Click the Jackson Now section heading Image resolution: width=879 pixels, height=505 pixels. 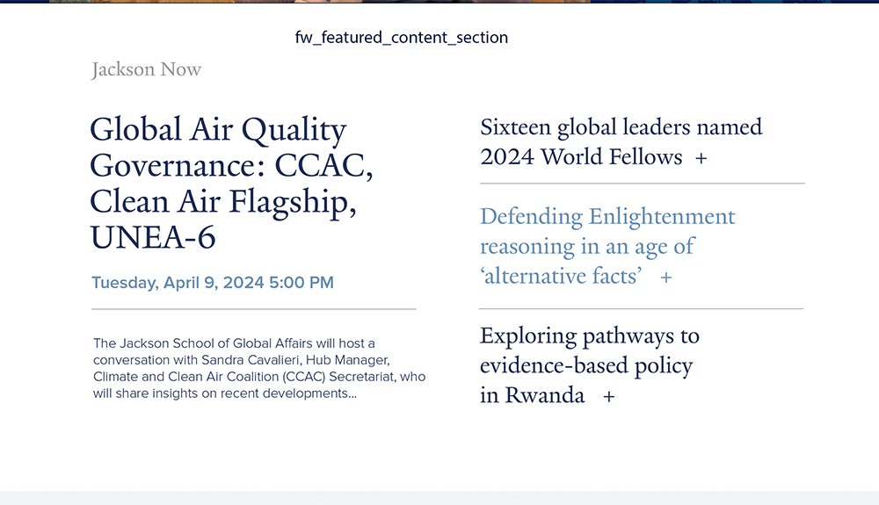tap(146, 69)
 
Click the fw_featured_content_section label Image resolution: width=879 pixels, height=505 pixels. tap(402, 38)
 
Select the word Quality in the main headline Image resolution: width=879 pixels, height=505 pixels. tap(294, 131)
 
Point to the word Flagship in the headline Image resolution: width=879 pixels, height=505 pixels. tap(293, 203)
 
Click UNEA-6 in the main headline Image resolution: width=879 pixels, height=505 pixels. tap(152, 237)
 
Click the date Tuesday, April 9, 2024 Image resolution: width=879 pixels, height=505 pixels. tap(178, 283)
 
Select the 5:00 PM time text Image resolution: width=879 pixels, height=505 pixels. tap(301, 282)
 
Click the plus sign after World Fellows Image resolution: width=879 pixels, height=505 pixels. tap(701, 158)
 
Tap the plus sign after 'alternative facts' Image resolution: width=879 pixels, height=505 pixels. tap(666, 278)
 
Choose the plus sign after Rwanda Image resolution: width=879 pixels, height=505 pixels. tap(609, 396)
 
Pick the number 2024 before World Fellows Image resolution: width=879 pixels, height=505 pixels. tap(507, 157)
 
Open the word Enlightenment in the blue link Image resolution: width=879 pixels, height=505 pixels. tap(662, 217)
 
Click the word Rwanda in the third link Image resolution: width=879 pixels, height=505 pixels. tap(545, 395)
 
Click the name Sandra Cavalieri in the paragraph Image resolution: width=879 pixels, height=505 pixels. tap(251, 360)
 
